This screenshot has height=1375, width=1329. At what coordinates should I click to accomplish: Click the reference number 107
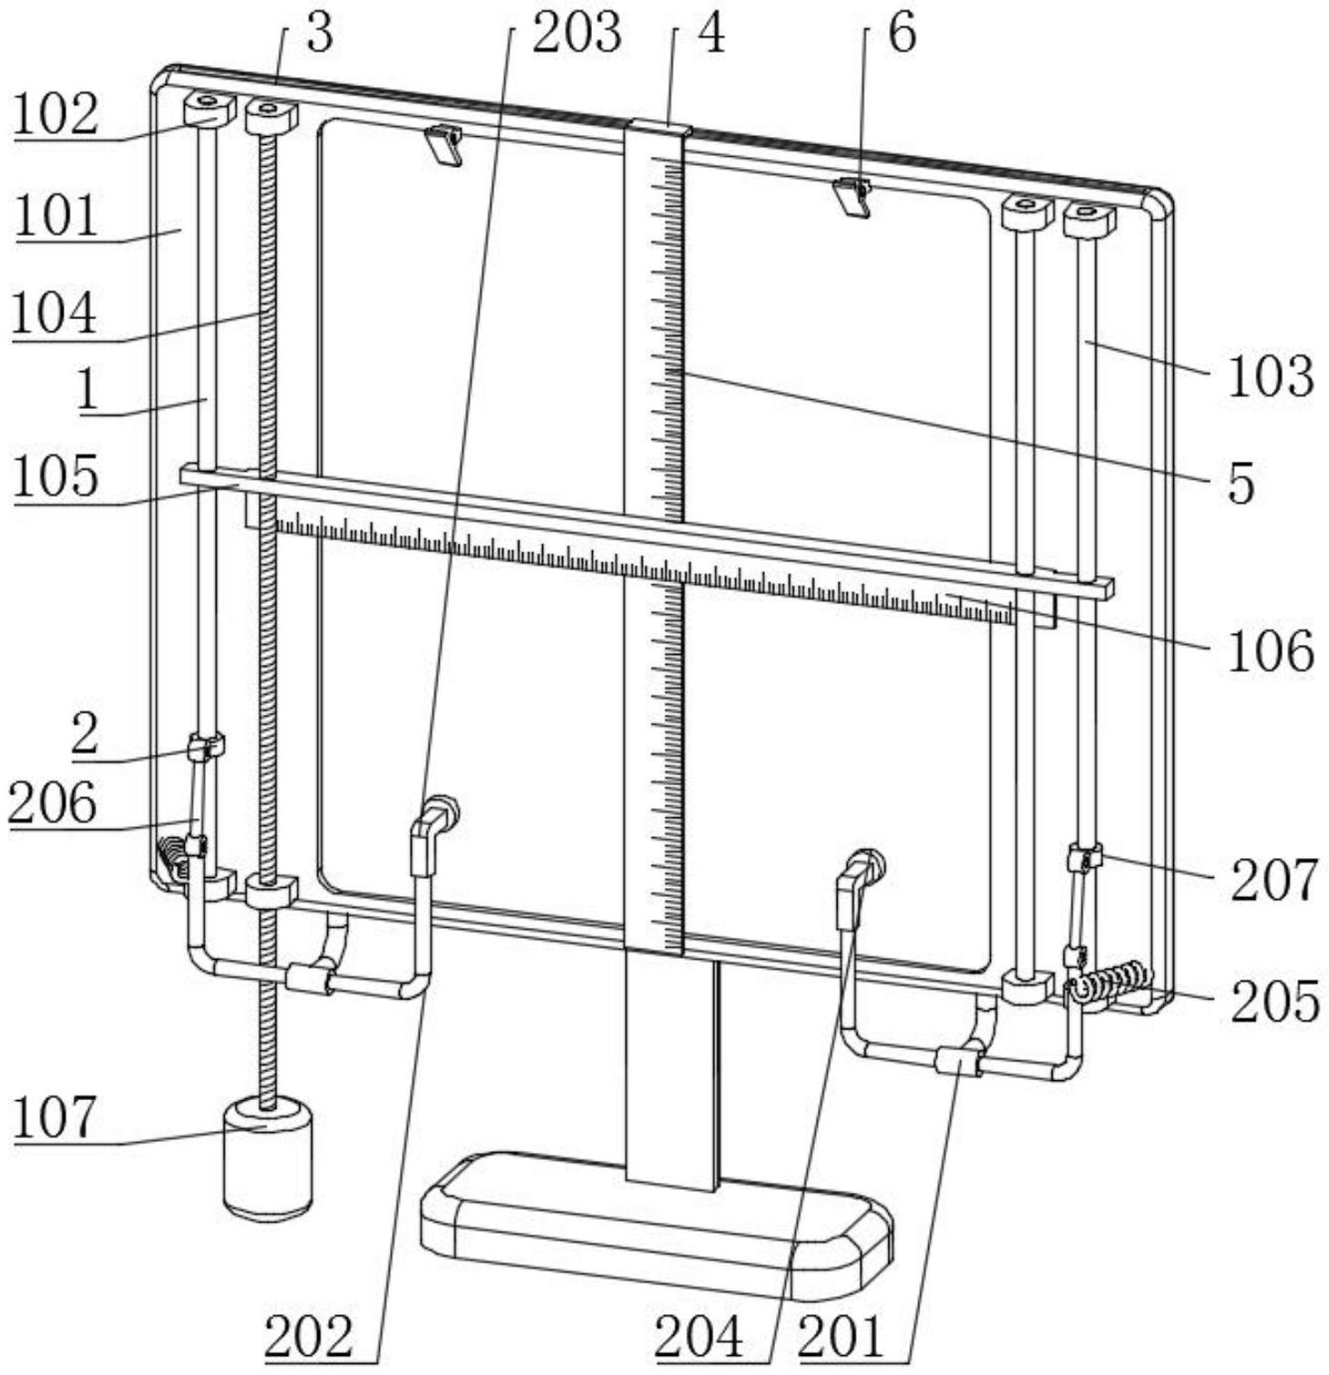(x=53, y=1117)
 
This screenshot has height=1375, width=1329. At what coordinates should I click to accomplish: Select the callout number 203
(x=577, y=32)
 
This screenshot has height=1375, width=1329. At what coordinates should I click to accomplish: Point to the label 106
(x=1270, y=650)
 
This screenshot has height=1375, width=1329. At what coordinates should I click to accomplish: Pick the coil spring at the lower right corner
(x=1111, y=985)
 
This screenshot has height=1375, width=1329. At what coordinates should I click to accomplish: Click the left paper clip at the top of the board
(x=443, y=144)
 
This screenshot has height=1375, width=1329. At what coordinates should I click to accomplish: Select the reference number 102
(x=55, y=115)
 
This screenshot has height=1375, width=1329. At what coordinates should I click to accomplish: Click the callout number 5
(x=1242, y=482)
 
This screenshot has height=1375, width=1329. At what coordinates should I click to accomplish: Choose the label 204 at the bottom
(x=699, y=1337)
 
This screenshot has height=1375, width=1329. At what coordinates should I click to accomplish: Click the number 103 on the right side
(x=1270, y=375)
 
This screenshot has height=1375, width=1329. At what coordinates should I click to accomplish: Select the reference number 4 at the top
(x=712, y=34)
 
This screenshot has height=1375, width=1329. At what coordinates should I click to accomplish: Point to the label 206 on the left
(x=52, y=803)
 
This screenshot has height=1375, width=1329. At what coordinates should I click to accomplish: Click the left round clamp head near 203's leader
(x=443, y=808)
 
